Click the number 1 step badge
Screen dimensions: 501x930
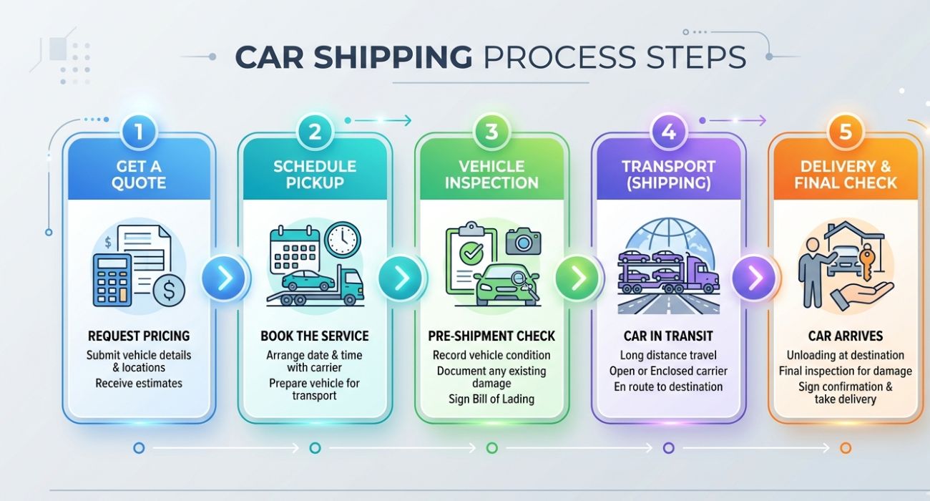139,132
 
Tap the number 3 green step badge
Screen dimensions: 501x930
491,132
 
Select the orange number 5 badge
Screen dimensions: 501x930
845,132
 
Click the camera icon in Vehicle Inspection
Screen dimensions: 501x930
523,241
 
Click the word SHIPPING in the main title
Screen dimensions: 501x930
353,57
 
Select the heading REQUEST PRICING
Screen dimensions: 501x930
139,336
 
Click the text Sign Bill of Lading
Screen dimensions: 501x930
491,399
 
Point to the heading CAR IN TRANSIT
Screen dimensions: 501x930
668,336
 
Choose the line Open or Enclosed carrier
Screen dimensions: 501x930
668,371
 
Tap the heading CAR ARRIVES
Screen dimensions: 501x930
845,336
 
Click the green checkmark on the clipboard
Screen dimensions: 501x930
469,252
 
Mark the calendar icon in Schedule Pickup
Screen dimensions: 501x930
294,248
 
